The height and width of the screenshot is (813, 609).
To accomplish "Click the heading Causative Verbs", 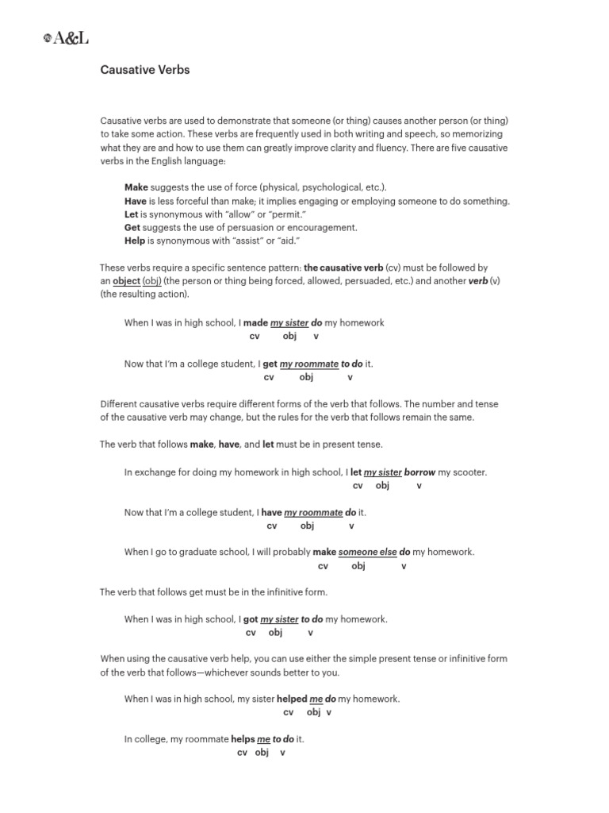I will pos(144,70).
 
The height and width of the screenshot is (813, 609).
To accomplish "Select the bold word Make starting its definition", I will pos(136,187).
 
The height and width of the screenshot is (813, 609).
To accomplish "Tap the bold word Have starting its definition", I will pos(136,201).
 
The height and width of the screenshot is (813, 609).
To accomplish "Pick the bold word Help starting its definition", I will pos(135,241).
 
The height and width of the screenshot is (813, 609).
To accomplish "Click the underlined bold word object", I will pos(126,282).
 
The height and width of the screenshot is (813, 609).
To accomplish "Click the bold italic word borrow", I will pos(419,472).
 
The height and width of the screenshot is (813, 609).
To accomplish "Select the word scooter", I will pos(467,472).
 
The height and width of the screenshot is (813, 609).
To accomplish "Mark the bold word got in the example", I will pos(250,619).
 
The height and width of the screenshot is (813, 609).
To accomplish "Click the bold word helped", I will pos(292,699).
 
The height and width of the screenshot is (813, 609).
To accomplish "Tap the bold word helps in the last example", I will pos(243,739).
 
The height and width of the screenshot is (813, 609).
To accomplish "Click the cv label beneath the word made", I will pos(255,337).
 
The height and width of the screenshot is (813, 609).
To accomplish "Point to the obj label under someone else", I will pos(358,566).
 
